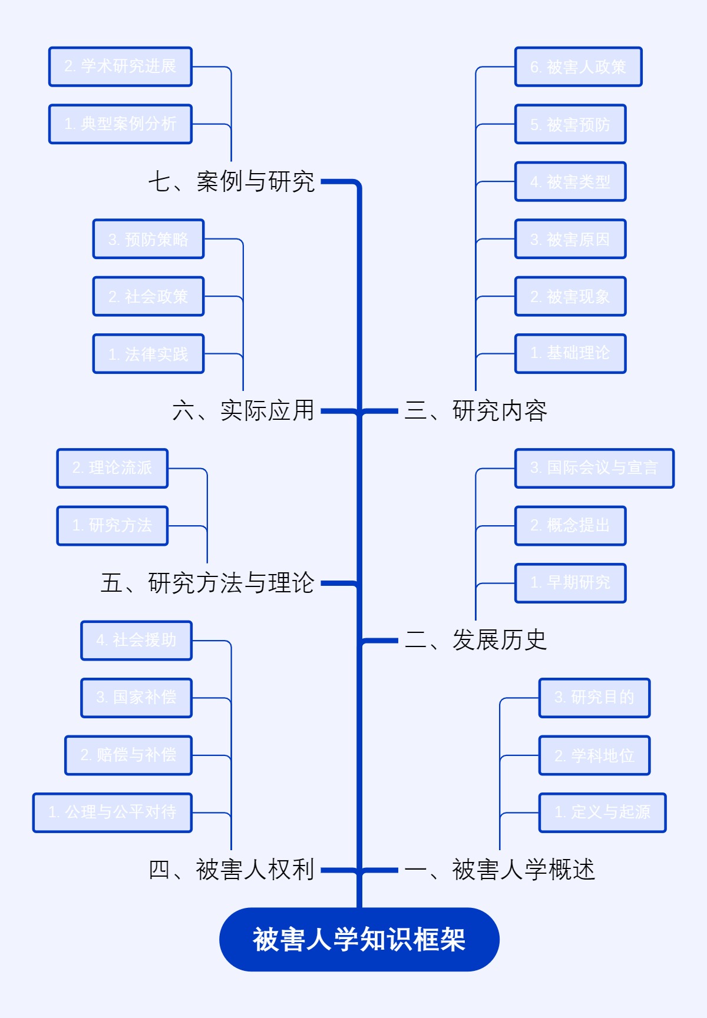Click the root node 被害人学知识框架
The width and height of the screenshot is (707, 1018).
[x=359, y=939]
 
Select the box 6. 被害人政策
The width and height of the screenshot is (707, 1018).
[x=578, y=67]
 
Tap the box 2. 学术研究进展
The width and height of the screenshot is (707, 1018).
[x=120, y=67]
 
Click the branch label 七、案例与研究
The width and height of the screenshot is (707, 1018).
[x=232, y=181]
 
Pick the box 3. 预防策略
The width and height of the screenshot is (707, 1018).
[x=148, y=239]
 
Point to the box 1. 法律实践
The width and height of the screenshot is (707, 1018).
[x=148, y=354]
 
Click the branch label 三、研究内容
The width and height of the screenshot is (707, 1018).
[x=476, y=411]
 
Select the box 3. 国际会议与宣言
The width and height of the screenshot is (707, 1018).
[x=594, y=468]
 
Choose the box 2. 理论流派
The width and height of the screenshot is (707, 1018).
[x=113, y=468]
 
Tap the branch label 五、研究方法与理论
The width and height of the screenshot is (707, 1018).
[x=207, y=583]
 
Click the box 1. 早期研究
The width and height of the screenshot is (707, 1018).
[x=570, y=583]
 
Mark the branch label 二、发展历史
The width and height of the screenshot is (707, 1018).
[x=476, y=640]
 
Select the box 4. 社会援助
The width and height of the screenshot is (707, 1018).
[x=136, y=640]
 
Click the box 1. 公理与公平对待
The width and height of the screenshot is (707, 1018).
[x=113, y=813]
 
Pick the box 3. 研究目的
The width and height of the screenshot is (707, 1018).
[x=594, y=698]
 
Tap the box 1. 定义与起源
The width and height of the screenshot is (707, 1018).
[x=602, y=813]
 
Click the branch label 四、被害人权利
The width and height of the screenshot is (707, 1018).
[x=232, y=870]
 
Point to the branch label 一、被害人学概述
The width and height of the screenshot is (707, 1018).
[x=500, y=870]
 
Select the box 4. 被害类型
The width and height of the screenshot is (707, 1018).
[x=570, y=182]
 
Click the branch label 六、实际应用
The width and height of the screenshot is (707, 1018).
[x=243, y=411]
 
